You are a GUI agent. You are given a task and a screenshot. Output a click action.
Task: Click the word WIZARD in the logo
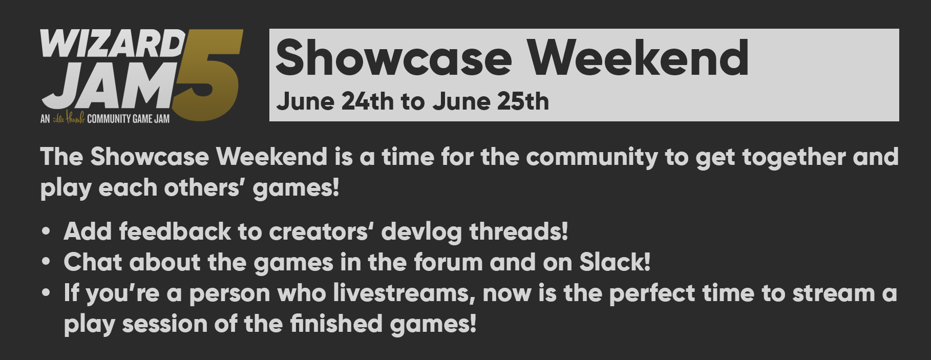click(x=113, y=44)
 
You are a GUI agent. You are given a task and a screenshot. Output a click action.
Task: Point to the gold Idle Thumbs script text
click(x=68, y=118)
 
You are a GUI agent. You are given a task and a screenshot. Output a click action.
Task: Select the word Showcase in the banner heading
click(x=394, y=58)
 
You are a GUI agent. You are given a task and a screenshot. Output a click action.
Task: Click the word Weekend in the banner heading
click(x=638, y=58)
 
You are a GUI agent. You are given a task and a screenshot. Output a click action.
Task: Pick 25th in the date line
click(x=523, y=101)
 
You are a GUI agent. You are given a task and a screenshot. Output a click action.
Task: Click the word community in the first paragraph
click(x=591, y=157)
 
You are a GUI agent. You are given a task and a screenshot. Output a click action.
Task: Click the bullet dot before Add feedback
click(x=47, y=232)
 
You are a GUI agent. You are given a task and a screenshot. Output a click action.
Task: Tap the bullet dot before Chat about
click(x=47, y=262)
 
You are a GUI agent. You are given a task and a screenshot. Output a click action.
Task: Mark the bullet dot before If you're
click(x=47, y=293)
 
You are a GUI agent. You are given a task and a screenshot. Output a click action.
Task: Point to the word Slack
click(x=615, y=262)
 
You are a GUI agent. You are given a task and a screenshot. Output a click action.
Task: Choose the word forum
click(x=449, y=263)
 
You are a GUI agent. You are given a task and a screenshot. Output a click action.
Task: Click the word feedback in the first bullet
click(x=175, y=231)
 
